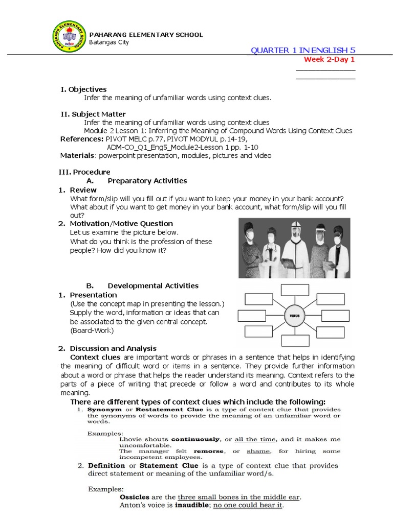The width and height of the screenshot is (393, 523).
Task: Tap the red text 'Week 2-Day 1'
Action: [x=329, y=59]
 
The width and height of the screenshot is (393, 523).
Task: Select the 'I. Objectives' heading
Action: [x=83, y=89]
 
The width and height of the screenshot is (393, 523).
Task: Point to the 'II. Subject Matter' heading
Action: [x=93, y=114]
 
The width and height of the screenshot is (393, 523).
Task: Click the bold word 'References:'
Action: [x=82, y=139]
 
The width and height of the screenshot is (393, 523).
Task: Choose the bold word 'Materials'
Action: [x=77, y=155]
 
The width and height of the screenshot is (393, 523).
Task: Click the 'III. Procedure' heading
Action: [x=85, y=172]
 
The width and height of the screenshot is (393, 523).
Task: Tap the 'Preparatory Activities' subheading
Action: [x=147, y=181]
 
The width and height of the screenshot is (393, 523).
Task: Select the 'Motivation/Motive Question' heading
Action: [x=121, y=224]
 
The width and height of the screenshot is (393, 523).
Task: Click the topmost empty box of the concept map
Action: [x=294, y=290]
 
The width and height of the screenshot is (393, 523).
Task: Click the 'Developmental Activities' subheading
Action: [x=152, y=286]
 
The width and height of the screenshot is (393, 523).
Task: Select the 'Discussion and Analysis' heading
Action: [x=113, y=348]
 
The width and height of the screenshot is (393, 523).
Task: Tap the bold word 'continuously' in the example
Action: [x=195, y=439]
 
